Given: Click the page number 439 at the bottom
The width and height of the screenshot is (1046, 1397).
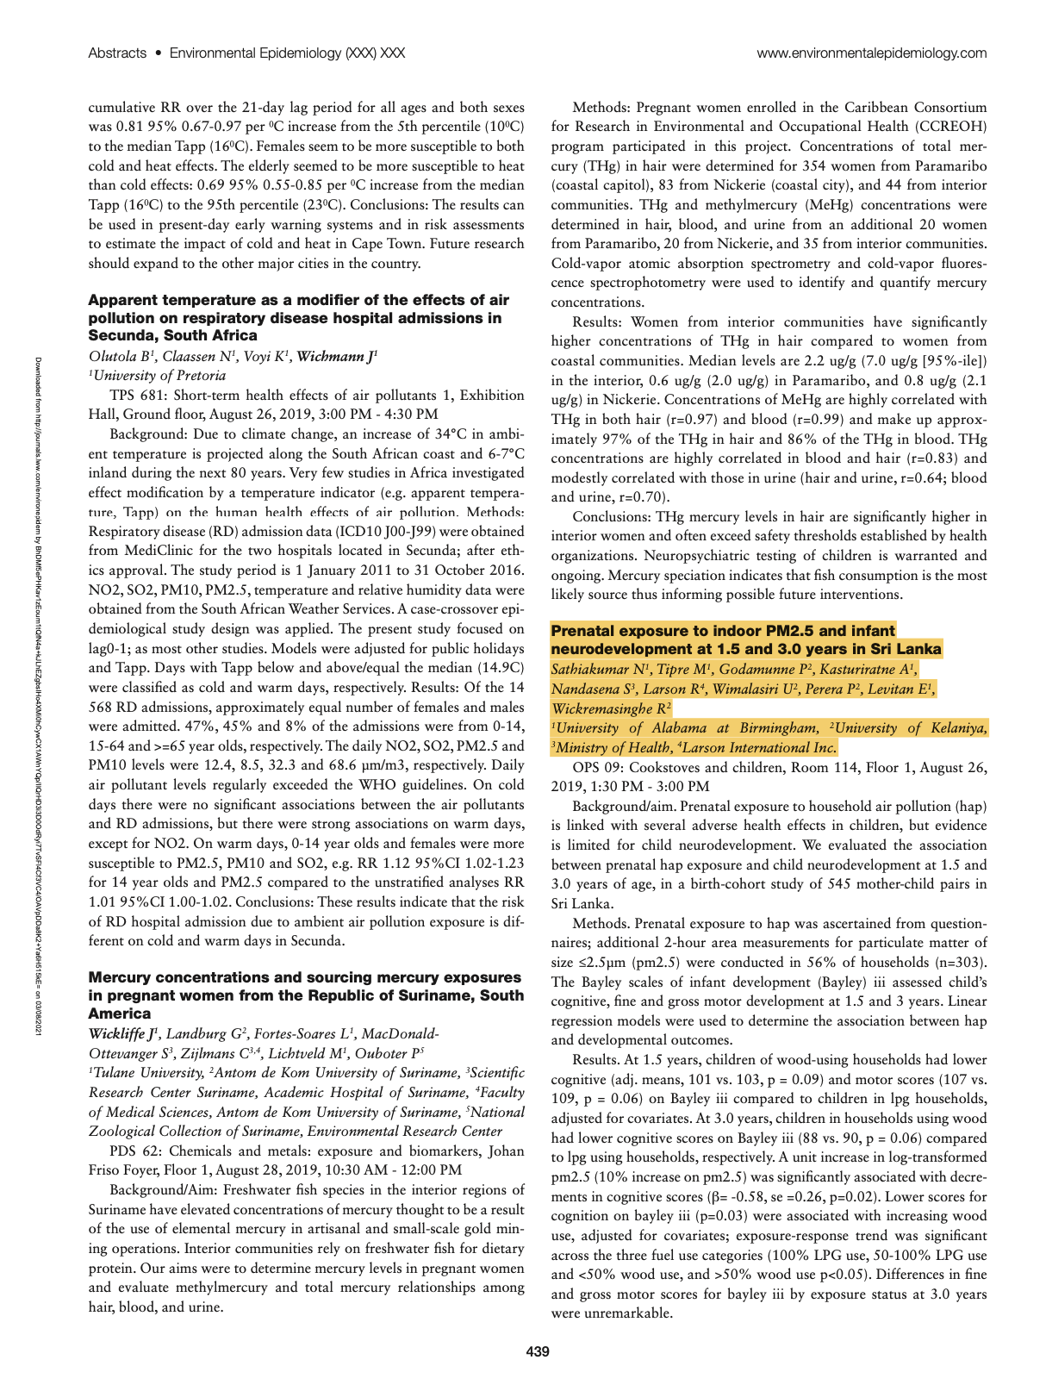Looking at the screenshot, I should (x=537, y=1351).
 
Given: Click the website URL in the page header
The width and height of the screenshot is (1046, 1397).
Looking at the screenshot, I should (x=871, y=53).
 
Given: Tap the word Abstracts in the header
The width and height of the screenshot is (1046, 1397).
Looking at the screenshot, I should (x=117, y=53).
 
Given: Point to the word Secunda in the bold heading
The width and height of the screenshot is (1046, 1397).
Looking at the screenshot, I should (x=123, y=335).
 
